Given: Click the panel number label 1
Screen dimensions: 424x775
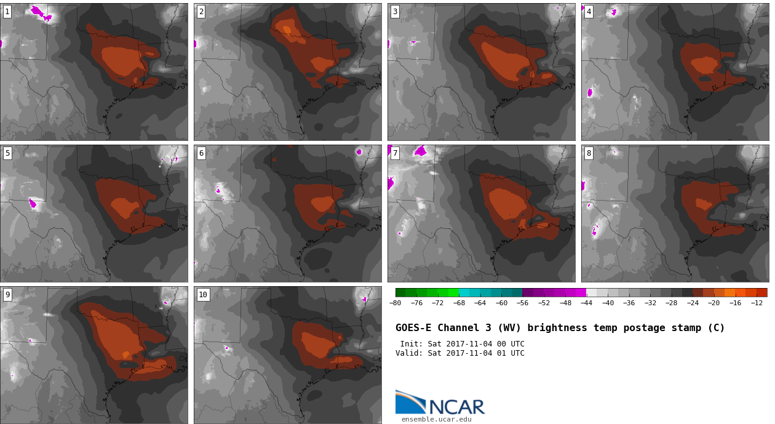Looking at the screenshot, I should click(x=7, y=12).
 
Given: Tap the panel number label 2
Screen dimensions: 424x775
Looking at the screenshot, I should click(x=201, y=12).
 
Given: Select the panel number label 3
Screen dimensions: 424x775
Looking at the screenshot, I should click(x=395, y=12).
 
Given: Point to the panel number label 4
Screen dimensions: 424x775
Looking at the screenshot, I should click(x=589, y=12).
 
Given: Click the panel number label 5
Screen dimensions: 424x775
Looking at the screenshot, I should click(x=7, y=153).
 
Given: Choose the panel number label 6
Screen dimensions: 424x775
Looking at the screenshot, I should click(x=201, y=153).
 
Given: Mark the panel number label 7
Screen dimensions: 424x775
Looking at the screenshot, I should click(x=395, y=153).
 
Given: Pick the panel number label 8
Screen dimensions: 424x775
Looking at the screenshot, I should click(x=589, y=153).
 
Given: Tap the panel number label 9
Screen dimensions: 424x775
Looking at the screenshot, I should click(x=7, y=295).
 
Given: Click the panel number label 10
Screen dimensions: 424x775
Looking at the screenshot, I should click(x=203, y=295).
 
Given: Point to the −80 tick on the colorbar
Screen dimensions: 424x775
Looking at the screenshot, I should click(x=395, y=303).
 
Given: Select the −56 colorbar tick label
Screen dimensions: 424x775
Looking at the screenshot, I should click(x=522, y=303).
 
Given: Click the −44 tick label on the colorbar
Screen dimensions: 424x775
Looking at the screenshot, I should click(x=586, y=303).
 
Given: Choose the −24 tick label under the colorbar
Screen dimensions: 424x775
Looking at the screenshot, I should click(x=693, y=303).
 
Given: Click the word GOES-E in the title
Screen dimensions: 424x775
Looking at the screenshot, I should click(x=413, y=328).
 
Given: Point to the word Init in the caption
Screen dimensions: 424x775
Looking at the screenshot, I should click(x=411, y=344).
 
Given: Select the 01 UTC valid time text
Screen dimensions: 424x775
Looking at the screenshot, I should click(x=508, y=353).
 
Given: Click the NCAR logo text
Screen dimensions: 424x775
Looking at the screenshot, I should click(x=457, y=407).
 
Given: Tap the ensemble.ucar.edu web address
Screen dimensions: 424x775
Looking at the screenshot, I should click(x=436, y=420).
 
